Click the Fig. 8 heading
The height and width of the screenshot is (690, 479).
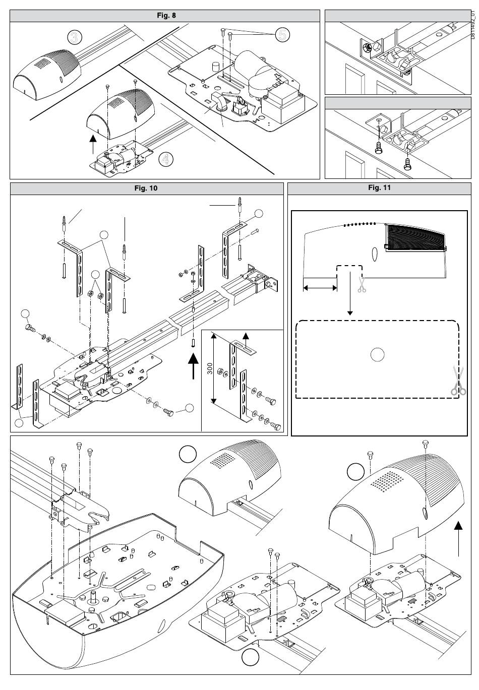[x=165, y=15]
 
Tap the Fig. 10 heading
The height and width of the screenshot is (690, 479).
[x=146, y=189]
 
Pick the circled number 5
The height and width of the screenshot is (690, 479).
[x=282, y=34]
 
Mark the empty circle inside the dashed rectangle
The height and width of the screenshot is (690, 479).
[x=377, y=355]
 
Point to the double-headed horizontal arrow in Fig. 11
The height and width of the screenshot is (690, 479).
[x=320, y=287]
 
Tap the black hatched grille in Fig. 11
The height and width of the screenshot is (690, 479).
[x=415, y=239]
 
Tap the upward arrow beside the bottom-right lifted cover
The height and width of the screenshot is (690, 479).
[x=458, y=538]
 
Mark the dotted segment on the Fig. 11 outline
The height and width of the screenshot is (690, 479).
[x=360, y=224]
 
